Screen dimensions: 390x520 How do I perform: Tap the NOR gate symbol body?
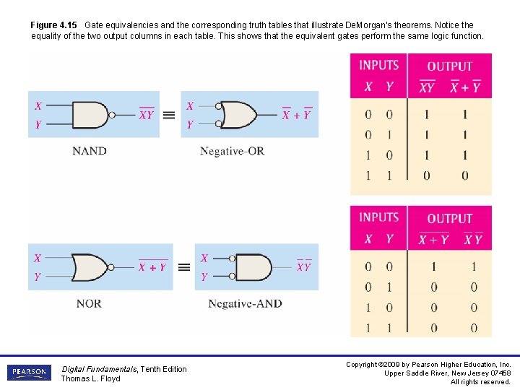90,267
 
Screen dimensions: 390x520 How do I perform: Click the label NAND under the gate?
90,151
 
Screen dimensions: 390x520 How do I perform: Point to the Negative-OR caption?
232,151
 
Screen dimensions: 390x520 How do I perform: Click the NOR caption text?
89,303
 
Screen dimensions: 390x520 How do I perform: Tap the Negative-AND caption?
245,303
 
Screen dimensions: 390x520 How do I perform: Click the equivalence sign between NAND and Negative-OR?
168,115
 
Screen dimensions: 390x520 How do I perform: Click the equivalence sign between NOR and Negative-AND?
184,267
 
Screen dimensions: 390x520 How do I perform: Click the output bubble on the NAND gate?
111,115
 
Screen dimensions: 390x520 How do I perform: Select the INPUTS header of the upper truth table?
379,65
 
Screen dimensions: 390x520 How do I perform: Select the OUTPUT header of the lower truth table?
449,218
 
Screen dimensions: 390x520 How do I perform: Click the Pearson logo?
30,373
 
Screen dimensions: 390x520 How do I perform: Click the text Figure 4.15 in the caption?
53,25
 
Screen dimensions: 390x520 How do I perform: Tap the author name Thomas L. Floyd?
90,378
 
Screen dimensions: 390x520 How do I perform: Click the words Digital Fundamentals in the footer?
99,369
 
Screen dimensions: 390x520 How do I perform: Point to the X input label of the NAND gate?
38,106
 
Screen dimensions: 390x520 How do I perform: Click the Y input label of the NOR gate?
38,277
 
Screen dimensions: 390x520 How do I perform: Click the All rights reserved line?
480,381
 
